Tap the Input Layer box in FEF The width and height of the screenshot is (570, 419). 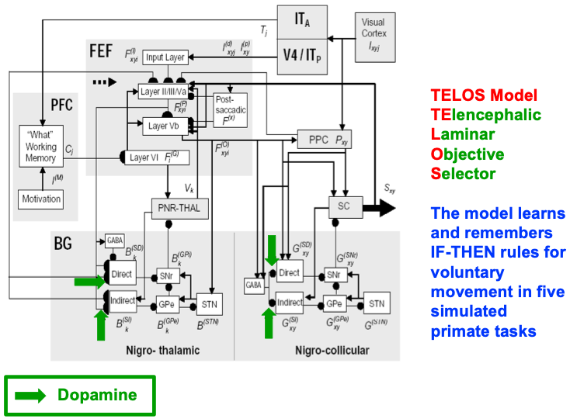click(x=165, y=57)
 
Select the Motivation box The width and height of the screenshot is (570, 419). click(x=40, y=198)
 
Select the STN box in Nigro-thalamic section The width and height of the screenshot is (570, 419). click(x=207, y=301)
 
